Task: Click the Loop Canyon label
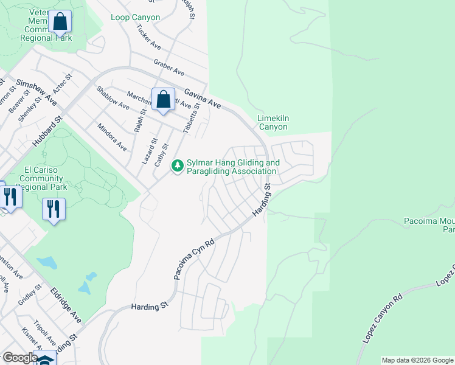pos(136,17)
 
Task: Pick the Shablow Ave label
pos(113,97)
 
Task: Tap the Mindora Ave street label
pos(112,137)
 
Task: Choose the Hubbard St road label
pos(48,131)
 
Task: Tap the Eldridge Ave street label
pos(66,305)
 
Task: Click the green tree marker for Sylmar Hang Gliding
pos(178,165)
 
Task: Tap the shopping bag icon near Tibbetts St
pos(163,99)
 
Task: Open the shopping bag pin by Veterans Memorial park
pos(60,22)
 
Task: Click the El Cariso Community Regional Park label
pos(41,179)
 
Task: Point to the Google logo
pos(20,358)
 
